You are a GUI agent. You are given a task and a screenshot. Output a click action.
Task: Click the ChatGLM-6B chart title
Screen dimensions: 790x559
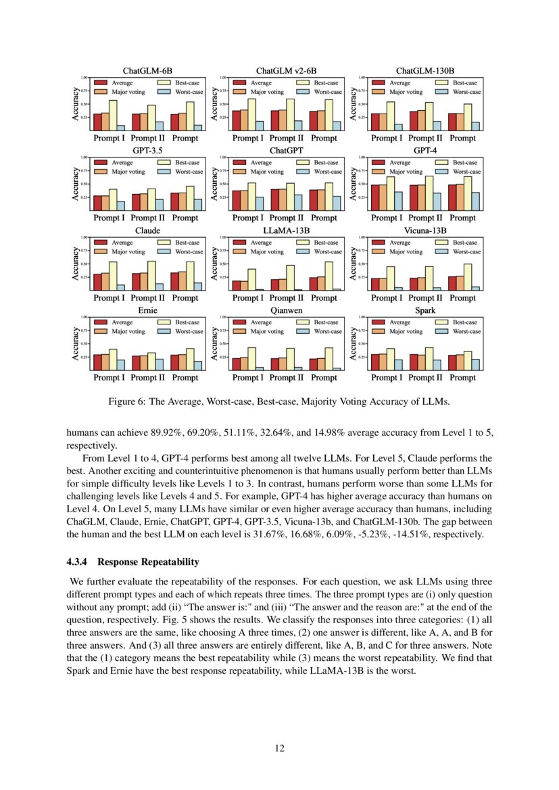click(x=147, y=70)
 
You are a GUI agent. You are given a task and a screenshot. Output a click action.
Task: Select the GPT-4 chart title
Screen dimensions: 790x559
click(x=425, y=150)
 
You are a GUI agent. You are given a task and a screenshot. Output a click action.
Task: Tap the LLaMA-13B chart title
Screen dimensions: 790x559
click(x=286, y=230)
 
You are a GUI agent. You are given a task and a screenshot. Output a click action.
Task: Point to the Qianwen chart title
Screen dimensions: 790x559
click(x=286, y=310)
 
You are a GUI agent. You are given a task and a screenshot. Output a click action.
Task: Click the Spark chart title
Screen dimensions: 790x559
click(x=425, y=310)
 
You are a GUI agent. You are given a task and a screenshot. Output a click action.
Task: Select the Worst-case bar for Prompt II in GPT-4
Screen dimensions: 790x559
click(x=437, y=202)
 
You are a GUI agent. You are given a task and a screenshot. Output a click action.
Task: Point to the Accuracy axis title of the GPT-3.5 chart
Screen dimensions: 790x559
click(x=76, y=184)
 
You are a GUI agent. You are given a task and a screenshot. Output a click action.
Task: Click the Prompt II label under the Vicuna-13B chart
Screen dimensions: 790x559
click(x=426, y=298)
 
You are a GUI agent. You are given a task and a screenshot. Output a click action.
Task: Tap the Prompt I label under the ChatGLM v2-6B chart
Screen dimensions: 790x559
click(x=248, y=139)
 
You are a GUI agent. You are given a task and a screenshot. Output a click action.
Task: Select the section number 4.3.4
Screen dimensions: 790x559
click(x=82, y=562)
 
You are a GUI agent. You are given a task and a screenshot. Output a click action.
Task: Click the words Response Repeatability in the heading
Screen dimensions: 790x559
click(x=151, y=562)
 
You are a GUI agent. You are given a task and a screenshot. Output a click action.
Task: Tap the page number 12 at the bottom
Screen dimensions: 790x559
click(x=279, y=748)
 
